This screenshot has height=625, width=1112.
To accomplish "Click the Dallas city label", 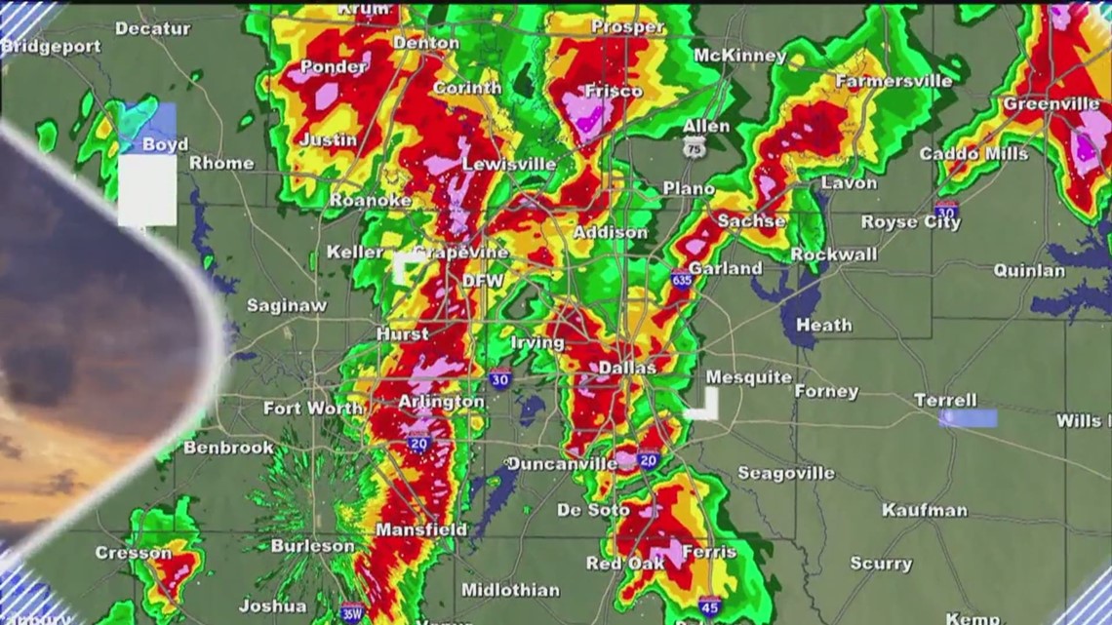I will coord(627,368).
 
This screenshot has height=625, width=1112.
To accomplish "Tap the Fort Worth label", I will coord(313,409).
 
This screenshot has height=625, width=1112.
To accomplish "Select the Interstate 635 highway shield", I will coord(681,280).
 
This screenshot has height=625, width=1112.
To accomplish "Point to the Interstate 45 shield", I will coord(709,605).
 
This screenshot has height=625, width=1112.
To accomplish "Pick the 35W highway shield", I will coord(352,612).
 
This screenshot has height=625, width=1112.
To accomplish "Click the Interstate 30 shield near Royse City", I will coord(944,210).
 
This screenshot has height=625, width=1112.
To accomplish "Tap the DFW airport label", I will coord(483,281).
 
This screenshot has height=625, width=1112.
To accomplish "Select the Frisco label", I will coord(613,91).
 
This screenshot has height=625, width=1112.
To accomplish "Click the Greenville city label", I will coord(1052,103).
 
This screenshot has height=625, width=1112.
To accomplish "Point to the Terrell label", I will coord(945,400).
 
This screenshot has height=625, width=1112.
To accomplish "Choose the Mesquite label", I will coord(748,376).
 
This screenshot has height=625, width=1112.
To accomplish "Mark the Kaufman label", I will coord(924,510).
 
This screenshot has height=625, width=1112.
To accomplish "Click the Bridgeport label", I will coord(51,46).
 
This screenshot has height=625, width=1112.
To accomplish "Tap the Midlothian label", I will coord(510,590).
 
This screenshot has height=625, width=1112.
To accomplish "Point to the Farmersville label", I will coord(893,81).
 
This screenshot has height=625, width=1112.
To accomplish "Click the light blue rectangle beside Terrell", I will coord(968,418).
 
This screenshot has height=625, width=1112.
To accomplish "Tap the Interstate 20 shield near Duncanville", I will coord(648,459).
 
